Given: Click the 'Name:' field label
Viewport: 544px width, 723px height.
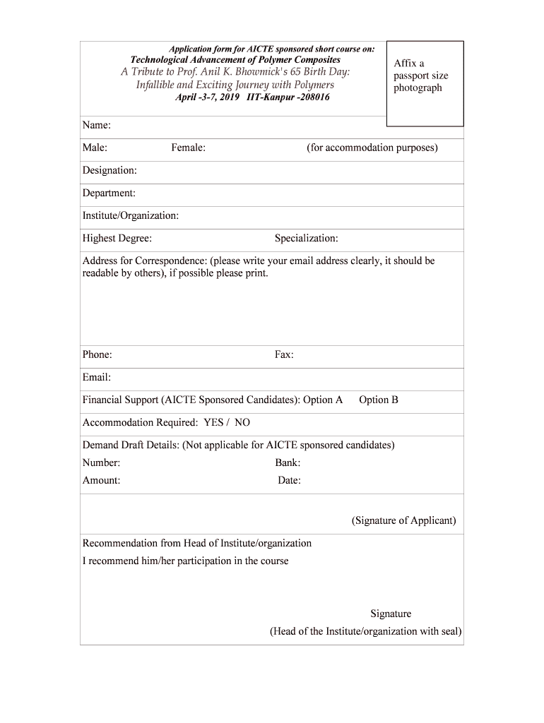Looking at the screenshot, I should (x=97, y=126).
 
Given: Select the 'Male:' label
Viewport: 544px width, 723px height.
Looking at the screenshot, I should (x=95, y=148).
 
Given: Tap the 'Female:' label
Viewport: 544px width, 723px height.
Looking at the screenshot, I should (x=188, y=148).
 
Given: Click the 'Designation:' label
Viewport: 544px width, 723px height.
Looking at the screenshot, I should (x=110, y=170).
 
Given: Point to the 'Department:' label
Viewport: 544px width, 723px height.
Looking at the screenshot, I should (x=109, y=193).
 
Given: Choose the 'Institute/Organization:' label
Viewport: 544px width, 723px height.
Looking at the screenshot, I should (x=131, y=215).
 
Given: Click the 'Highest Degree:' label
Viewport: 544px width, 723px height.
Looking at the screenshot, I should (x=117, y=238).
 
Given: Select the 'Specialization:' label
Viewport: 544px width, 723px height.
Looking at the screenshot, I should (x=306, y=238).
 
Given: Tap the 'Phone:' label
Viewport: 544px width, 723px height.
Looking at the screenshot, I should (x=97, y=354).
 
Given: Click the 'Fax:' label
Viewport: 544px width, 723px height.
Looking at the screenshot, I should (x=284, y=354).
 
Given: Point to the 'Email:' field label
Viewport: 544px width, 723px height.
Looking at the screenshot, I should (x=97, y=377).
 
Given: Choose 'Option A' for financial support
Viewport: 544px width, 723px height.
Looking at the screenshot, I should (x=323, y=400).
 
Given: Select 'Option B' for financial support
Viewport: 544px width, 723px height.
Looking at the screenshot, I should (x=379, y=400).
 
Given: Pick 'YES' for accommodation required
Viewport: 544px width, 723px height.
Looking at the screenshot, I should (x=213, y=422).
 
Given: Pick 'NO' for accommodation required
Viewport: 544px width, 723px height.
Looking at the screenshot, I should (x=242, y=422).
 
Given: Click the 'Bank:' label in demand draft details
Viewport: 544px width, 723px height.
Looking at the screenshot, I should (x=288, y=463).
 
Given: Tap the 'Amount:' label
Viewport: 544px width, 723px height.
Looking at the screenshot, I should (x=101, y=480).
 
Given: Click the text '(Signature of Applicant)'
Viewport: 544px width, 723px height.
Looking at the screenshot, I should (x=403, y=520).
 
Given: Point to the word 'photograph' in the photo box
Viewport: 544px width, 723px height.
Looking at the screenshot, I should (x=418, y=88).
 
